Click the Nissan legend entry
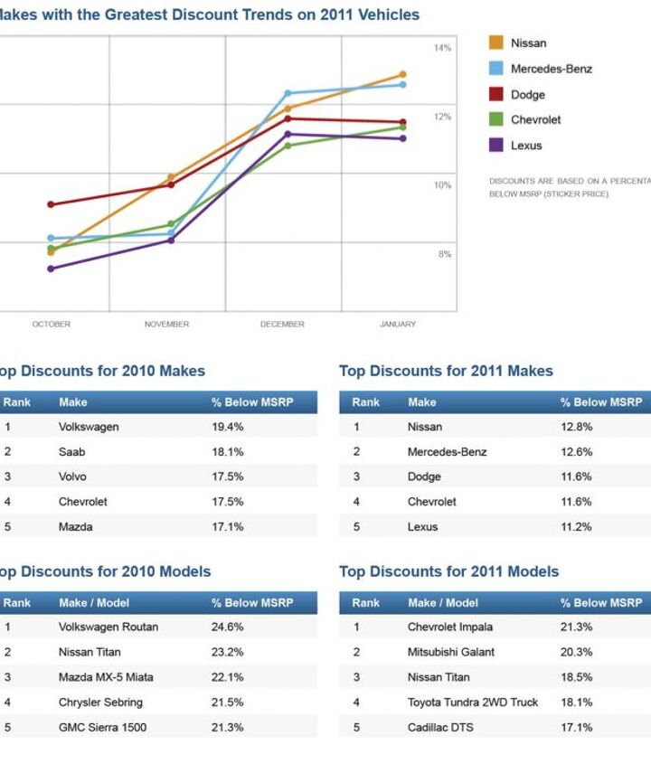(x=528, y=42)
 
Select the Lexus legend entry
(x=526, y=146)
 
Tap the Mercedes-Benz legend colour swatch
(x=496, y=69)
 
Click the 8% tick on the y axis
(x=445, y=255)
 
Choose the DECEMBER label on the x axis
(x=282, y=325)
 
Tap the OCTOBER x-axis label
(x=52, y=325)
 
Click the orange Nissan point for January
(x=402, y=75)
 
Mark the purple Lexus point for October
(x=51, y=269)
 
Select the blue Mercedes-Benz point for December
(x=288, y=93)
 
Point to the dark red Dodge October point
(x=51, y=204)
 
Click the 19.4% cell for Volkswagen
(x=227, y=427)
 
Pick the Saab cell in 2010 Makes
(x=71, y=452)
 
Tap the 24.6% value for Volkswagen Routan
(x=228, y=627)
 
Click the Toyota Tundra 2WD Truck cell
(x=472, y=703)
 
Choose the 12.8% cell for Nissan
(x=576, y=427)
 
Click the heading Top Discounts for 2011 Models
(x=448, y=571)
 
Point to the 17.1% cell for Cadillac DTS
(x=576, y=728)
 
